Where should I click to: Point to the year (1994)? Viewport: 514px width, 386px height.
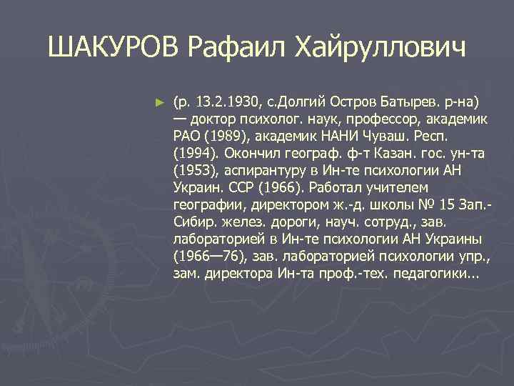[194, 153]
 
